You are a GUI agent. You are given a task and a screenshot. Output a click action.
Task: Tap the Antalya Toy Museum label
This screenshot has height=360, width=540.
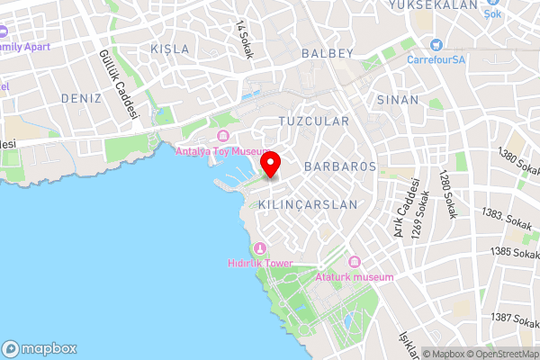coord(223,151)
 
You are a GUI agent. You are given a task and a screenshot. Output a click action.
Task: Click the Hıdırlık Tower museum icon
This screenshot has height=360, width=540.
coord(261,247)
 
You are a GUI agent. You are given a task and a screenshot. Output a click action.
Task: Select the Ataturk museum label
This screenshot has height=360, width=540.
coord(355,277)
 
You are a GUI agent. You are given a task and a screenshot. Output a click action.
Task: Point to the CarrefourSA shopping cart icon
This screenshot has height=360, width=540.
coord(436,45)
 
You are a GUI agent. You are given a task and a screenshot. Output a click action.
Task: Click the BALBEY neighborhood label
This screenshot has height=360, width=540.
coord(328,53)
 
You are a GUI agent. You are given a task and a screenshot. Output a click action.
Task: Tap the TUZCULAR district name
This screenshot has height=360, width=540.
coord(313,120)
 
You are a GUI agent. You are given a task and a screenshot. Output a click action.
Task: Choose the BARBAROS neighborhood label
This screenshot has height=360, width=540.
coord(339,166)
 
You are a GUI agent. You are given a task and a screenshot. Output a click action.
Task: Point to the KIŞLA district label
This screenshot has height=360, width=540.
coord(171,48)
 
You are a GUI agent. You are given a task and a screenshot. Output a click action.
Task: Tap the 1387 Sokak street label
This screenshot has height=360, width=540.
coord(515,319)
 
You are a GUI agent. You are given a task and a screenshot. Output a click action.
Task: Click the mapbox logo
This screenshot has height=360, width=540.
coord(40,348)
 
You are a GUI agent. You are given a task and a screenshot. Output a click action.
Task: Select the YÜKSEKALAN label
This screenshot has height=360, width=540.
coord(432,5)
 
